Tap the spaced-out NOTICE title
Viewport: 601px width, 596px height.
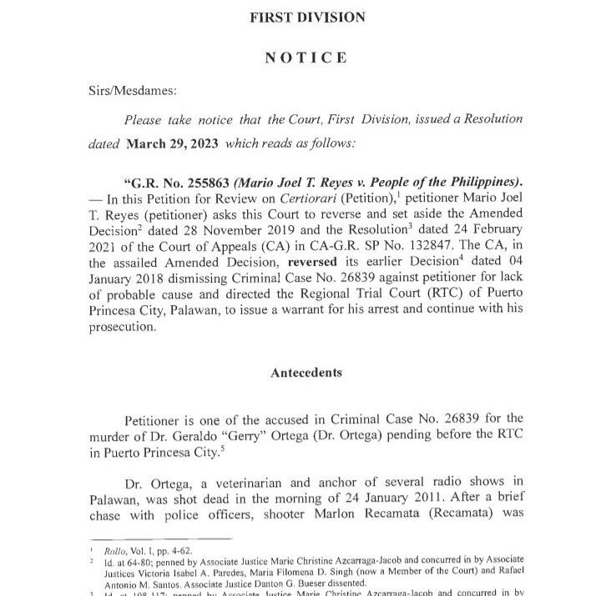306,58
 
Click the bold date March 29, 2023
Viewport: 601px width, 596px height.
172,143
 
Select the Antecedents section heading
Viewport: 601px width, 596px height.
306,373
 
